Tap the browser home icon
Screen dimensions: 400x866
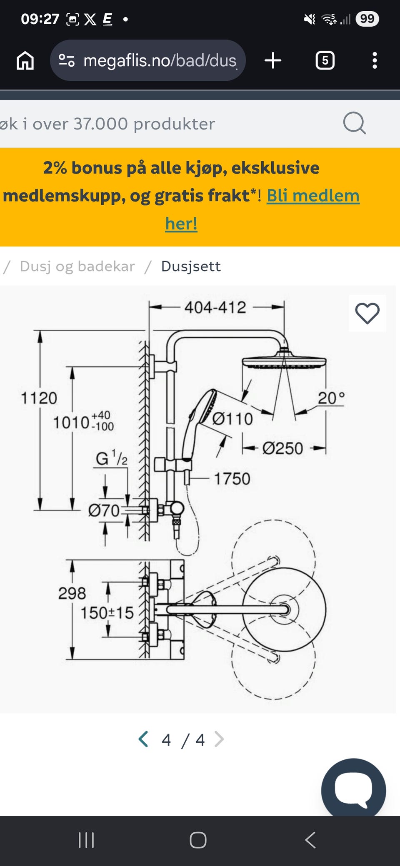[x=25, y=61]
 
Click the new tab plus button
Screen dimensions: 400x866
[x=273, y=60]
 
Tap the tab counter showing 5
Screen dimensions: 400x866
[x=325, y=60]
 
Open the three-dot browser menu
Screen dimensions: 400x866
[x=375, y=60]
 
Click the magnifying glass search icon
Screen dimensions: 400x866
[x=354, y=123]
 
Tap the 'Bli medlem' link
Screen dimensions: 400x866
[x=313, y=195]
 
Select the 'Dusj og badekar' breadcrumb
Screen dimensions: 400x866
[x=77, y=266]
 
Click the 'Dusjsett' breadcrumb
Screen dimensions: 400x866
[x=191, y=266]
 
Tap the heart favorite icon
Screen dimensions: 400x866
[x=367, y=313]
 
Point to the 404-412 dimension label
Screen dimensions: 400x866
[x=215, y=308]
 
